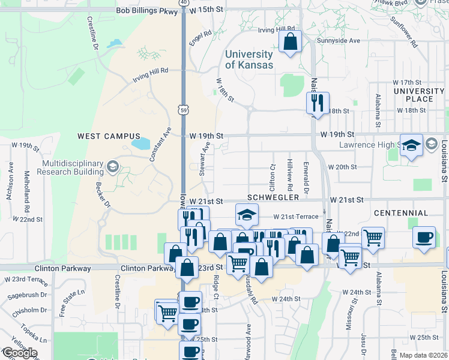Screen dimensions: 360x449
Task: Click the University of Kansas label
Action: pyautogui.click(x=249, y=59)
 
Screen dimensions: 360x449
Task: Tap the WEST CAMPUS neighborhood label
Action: pyautogui.click(x=109, y=136)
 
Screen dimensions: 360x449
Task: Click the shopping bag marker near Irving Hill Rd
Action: pyautogui.click(x=290, y=42)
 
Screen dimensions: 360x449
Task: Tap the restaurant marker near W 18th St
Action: pyautogui.click(x=317, y=103)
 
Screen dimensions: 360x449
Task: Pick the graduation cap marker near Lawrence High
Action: pyautogui.click(x=412, y=145)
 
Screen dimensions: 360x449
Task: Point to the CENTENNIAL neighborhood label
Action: pyautogui.click(x=400, y=213)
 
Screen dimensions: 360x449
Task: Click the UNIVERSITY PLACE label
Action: pyautogui.click(x=419, y=95)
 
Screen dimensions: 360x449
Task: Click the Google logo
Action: pyautogui.click(x=19, y=353)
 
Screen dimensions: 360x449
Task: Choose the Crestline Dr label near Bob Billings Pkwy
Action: pyautogui.click(x=94, y=31)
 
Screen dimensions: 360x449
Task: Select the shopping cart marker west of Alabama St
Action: pyautogui.click(x=373, y=238)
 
